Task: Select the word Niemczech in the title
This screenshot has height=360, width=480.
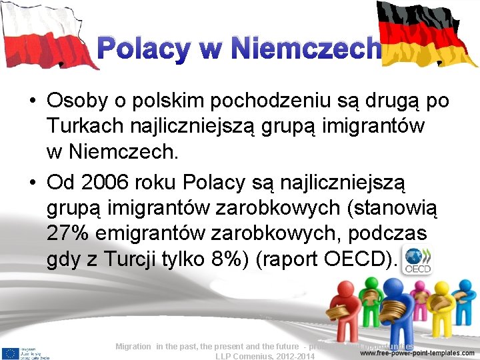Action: click(x=306, y=49)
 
